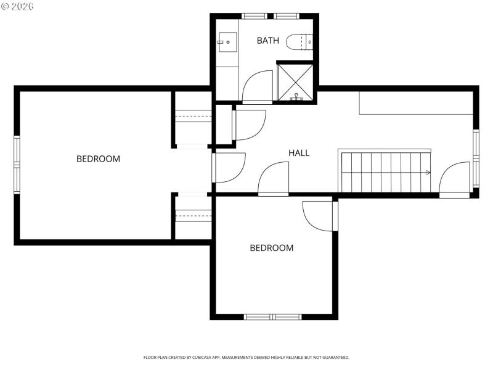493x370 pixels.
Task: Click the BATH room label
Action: tap(267, 41)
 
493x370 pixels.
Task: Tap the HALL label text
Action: tap(299, 153)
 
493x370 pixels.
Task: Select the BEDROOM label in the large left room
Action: tap(98, 158)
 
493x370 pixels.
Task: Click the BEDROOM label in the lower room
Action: tap(271, 248)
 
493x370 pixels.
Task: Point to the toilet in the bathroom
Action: tap(304, 41)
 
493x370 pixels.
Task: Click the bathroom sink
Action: tap(224, 42)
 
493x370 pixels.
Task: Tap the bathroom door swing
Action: tap(256, 88)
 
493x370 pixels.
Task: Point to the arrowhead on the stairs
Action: tap(427, 173)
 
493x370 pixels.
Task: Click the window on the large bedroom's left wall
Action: tap(17, 164)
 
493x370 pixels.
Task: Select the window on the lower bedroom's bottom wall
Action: tap(272, 317)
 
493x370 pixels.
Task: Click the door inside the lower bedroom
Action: tap(319, 216)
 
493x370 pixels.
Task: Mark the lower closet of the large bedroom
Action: tap(193, 216)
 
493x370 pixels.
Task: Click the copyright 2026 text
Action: tap(18, 6)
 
